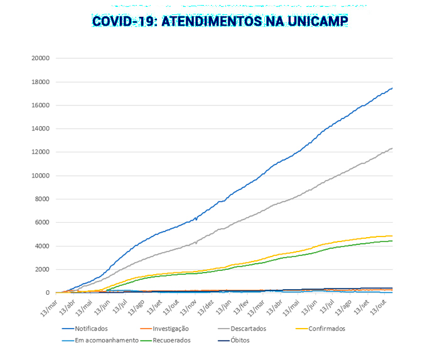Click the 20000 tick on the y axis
point(41,58)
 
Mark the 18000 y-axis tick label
point(41,82)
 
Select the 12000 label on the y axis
point(41,152)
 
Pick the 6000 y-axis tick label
point(43,223)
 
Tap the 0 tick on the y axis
point(48,293)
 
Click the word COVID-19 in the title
point(124,21)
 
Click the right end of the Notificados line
point(392,88)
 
